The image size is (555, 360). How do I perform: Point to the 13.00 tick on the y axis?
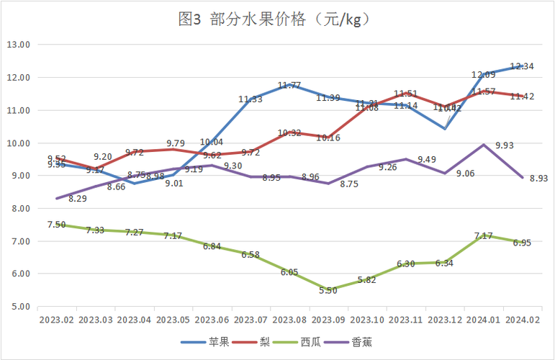point(18,45)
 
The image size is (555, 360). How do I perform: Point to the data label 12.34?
point(522,66)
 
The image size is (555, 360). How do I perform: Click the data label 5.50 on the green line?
point(328,290)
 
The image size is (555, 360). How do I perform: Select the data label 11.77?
point(289,85)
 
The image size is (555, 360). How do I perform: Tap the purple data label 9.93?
point(505,145)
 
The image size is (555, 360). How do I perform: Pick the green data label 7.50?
point(57,225)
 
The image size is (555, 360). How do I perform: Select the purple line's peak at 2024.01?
point(483,145)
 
